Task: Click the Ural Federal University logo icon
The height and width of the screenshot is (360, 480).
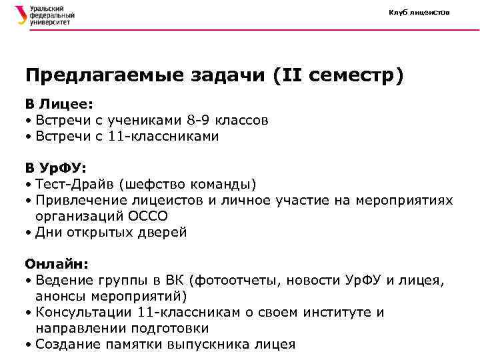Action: tap(21, 15)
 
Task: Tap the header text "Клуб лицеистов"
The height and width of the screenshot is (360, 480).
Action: tap(419, 13)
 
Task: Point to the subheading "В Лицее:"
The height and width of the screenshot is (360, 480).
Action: tap(59, 105)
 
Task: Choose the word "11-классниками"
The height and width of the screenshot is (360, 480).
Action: tap(163, 137)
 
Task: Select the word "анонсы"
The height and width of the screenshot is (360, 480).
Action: tap(60, 296)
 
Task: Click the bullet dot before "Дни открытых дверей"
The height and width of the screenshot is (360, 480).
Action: tap(29, 233)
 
